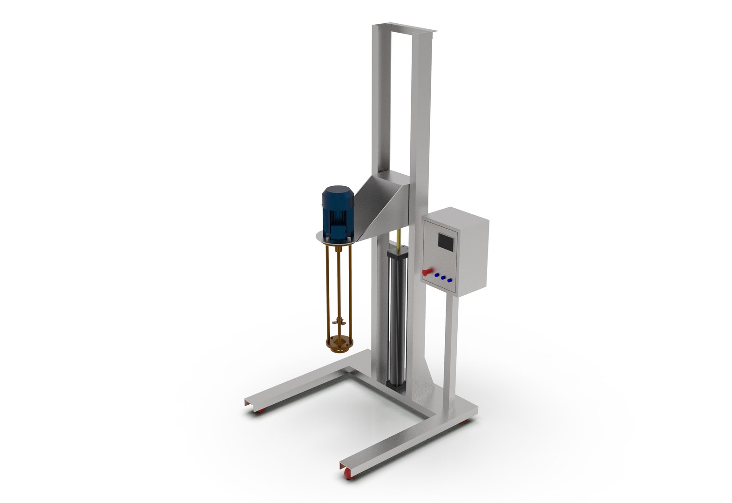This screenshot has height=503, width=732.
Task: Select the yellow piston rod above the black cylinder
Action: [399, 239]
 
